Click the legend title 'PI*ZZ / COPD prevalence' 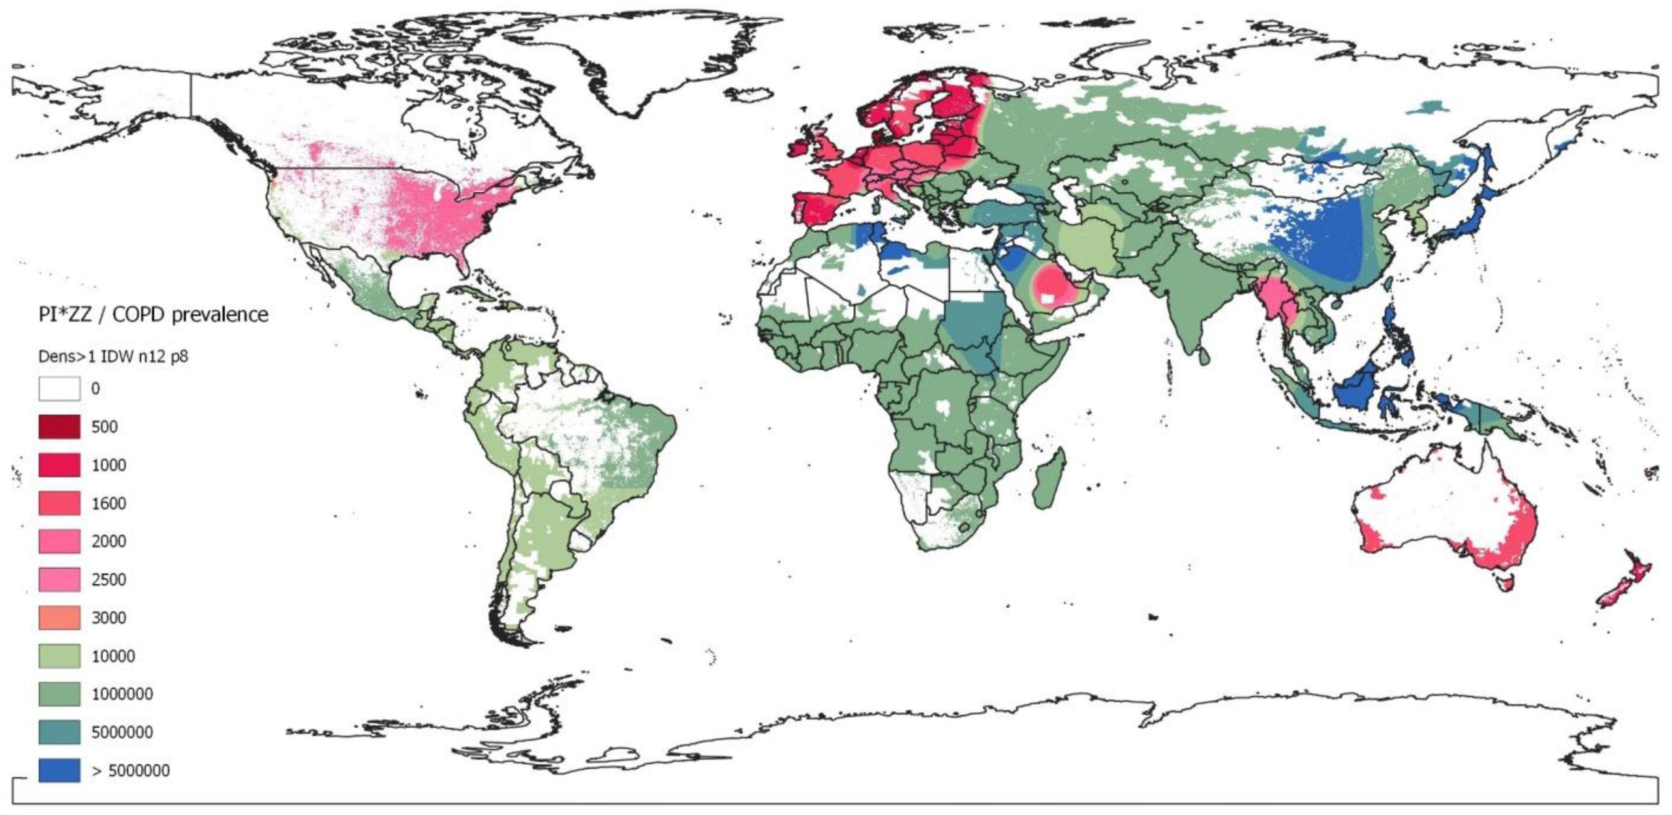point(153,315)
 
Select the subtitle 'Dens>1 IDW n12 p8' point(113,356)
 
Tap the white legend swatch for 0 point(59,389)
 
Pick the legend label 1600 point(109,503)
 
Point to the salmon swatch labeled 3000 point(59,618)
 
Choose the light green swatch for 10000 point(59,656)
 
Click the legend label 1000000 point(122,694)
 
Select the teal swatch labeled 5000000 point(59,732)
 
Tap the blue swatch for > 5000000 point(59,770)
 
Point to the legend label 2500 point(109,580)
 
